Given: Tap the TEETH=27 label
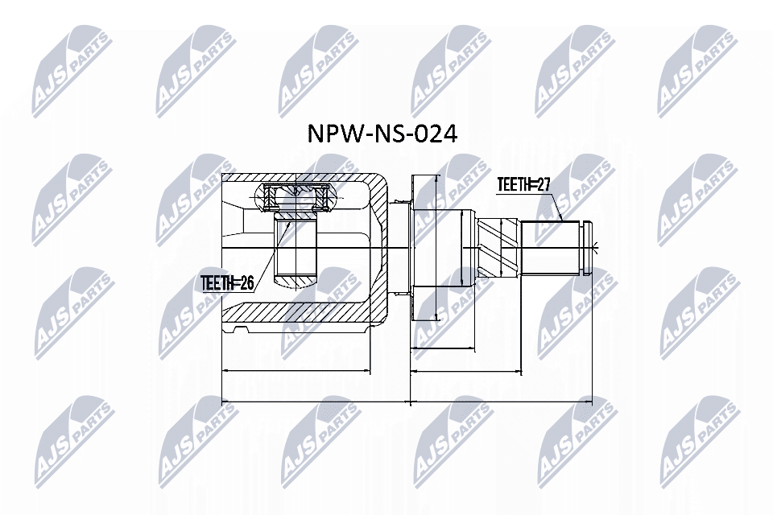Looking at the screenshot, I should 523,185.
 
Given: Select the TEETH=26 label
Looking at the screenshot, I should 227,282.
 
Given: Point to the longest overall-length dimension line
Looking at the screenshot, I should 406,399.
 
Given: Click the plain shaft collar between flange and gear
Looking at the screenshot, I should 457,245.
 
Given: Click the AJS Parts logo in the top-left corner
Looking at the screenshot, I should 72,68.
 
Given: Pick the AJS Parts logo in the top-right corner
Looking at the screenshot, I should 697,68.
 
